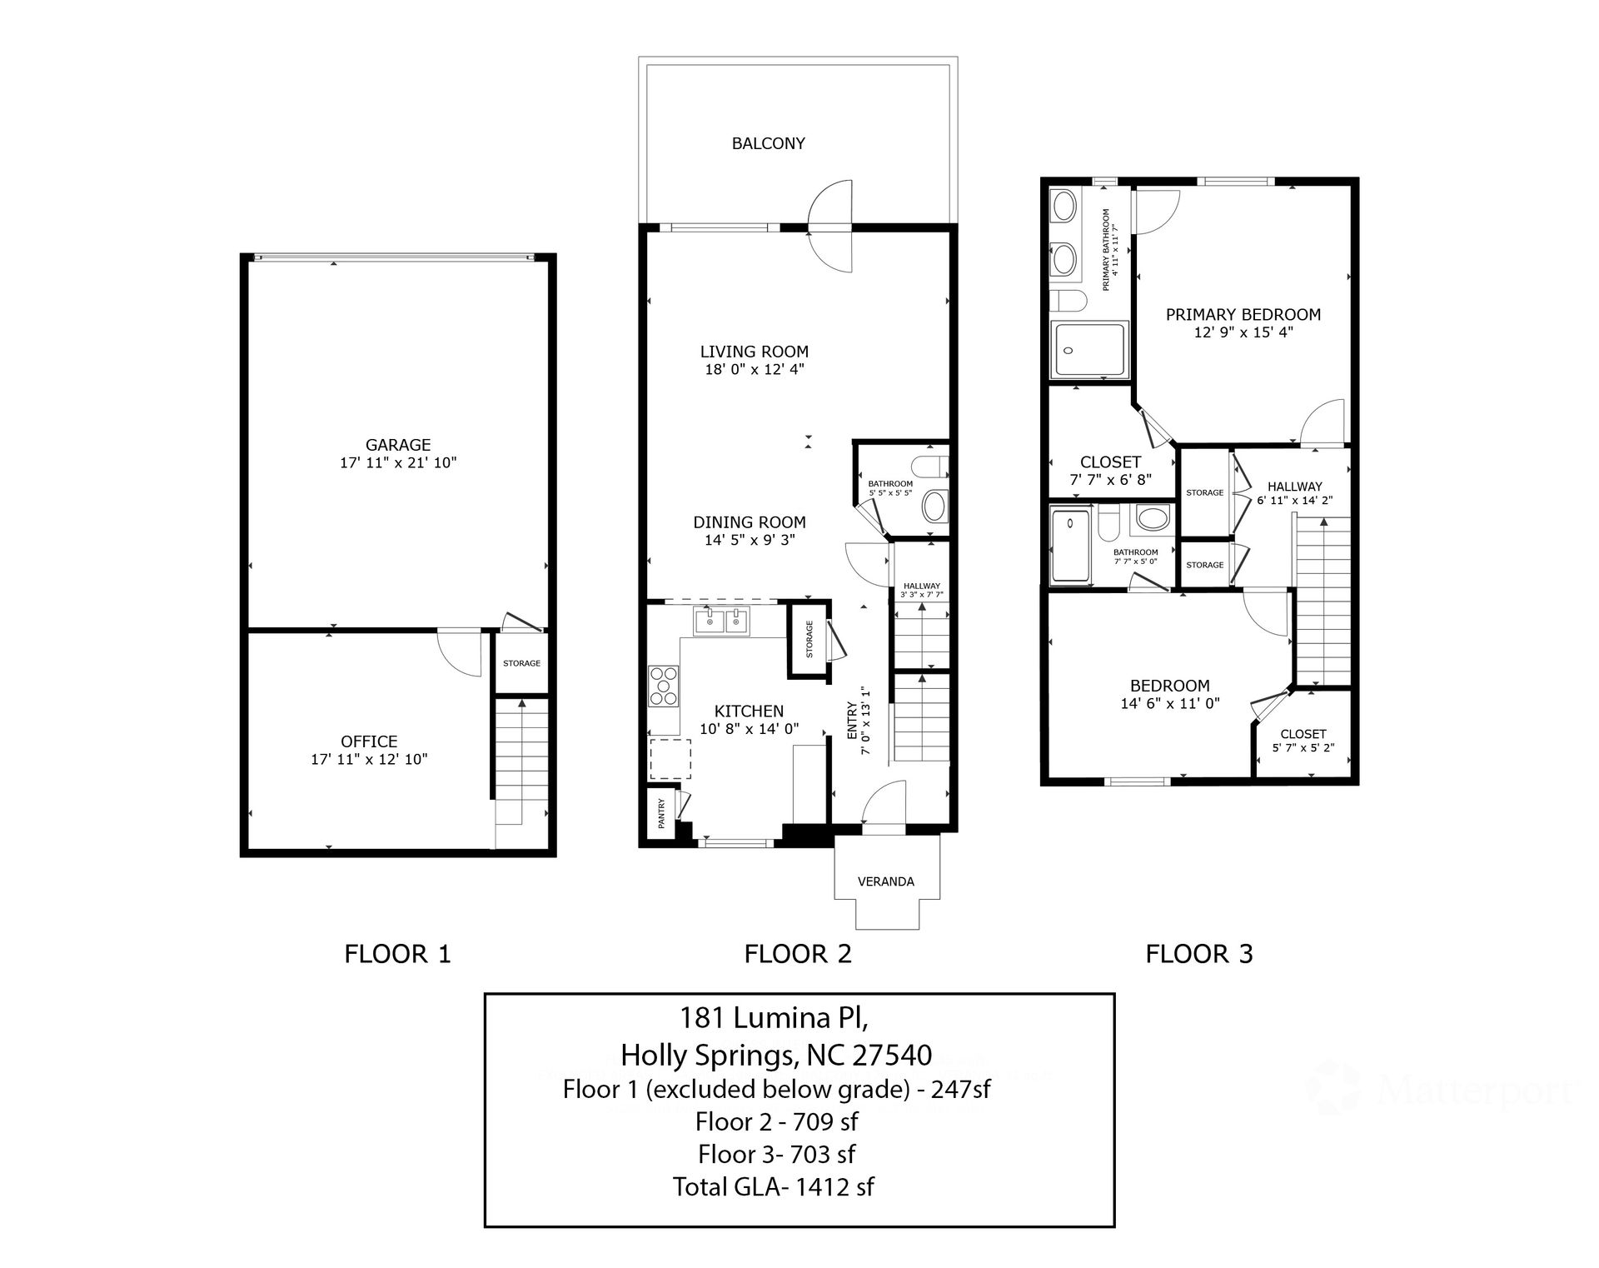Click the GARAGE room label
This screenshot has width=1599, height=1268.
[x=398, y=445]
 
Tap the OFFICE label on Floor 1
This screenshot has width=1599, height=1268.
[x=369, y=741]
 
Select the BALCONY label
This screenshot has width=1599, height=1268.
[x=768, y=143]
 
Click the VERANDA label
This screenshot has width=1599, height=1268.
[x=886, y=881]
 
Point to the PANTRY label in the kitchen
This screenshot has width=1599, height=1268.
[x=662, y=813]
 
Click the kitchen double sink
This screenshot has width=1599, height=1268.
[x=721, y=622]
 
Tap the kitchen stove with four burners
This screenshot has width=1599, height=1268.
[x=664, y=687]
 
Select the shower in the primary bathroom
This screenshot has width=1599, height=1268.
[x=1089, y=349]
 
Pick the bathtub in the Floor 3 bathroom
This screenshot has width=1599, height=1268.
[x=1070, y=546]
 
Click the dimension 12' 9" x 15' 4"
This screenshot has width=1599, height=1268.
[x=1243, y=332]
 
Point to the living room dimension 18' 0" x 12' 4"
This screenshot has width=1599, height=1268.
[x=755, y=369]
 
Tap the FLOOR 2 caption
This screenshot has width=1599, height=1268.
[x=798, y=954]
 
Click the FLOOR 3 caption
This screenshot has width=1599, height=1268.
[x=1199, y=954]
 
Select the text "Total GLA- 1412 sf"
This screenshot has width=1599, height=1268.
[x=774, y=1186]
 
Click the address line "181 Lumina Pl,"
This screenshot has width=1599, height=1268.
[x=775, y=1017]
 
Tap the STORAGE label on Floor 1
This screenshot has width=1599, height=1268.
[x=521, y=663]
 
